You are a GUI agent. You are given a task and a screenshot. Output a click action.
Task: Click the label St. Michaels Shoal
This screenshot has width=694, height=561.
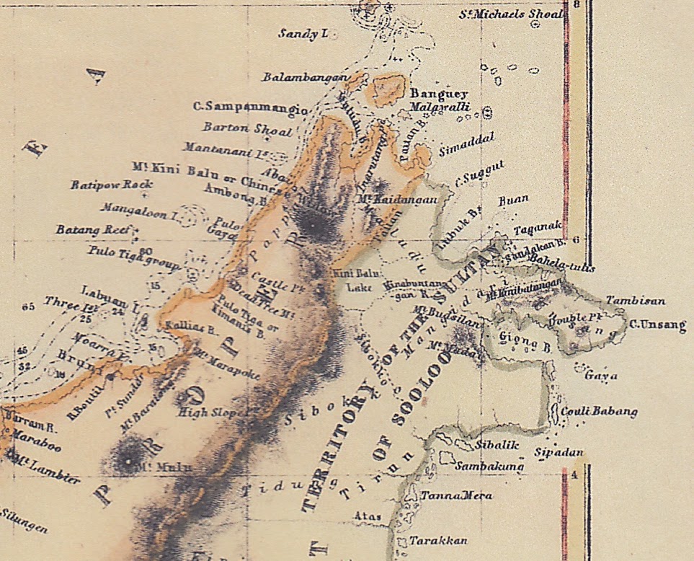click(511, 14)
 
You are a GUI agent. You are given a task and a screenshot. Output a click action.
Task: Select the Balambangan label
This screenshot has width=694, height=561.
click(306, 76)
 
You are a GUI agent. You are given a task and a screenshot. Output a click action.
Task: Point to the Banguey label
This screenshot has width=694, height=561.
click(439, 94)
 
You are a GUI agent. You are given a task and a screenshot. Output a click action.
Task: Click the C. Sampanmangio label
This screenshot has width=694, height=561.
click(250, 107)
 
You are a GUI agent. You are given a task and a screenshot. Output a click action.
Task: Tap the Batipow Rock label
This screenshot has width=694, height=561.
click(112, 185)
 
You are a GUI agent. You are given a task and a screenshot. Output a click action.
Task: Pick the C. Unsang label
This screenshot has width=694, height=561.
click(658, 326)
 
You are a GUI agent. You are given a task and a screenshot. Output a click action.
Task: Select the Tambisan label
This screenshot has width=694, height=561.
click(635, 300)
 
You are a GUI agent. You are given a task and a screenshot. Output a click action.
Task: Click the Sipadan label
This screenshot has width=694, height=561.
click(558, 453)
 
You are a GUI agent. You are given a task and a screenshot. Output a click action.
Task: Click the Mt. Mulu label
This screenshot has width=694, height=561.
click(164, 467)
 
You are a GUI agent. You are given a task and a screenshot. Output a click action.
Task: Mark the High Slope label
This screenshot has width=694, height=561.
click(205, 412)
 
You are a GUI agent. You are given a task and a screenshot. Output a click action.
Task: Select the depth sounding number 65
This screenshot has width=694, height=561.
click(28, 307)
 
